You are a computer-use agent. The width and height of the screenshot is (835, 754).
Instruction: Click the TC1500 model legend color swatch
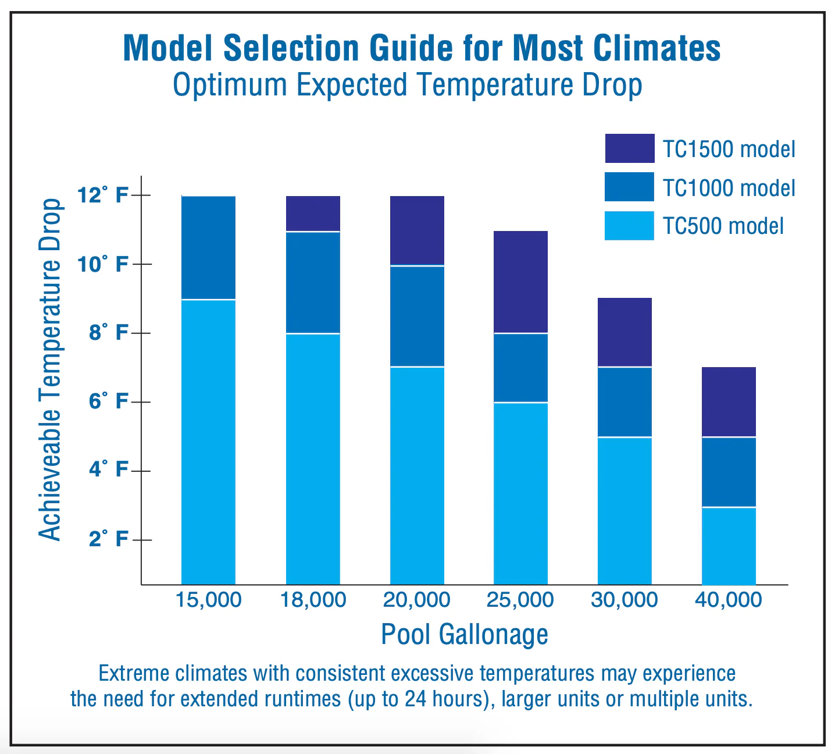629,148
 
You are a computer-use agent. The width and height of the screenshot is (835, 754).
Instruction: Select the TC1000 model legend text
729,188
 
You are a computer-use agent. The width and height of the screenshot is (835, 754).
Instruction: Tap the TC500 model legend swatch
629,226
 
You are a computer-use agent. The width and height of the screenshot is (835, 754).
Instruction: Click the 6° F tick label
108,401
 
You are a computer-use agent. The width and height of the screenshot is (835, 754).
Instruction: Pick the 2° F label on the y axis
108,539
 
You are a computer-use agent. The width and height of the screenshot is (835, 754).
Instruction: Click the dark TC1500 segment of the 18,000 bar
313,214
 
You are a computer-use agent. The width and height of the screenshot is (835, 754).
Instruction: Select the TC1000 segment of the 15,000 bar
209,247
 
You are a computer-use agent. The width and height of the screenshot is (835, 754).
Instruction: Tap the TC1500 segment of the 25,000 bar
521,282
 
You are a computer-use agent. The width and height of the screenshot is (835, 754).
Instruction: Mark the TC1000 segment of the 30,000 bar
625,402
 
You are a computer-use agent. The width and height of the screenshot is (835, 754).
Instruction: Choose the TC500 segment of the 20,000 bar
417,476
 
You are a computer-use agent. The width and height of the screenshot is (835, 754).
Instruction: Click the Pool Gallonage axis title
465,635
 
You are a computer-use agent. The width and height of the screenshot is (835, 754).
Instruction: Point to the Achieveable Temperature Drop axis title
50,370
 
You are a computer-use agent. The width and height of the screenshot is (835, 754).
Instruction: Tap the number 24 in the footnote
416,699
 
